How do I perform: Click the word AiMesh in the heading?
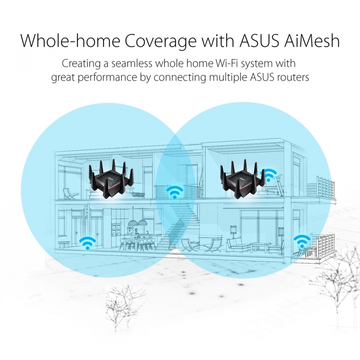click(x=312, y=41)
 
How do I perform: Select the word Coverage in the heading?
click(x=161, y=41)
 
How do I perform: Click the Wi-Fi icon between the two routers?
click(x=175, y=192)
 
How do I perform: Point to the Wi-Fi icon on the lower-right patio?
click(x=302, y=242)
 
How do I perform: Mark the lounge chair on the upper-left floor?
click(x=69, y=194)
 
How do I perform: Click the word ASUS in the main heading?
click(x=260, y=41)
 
